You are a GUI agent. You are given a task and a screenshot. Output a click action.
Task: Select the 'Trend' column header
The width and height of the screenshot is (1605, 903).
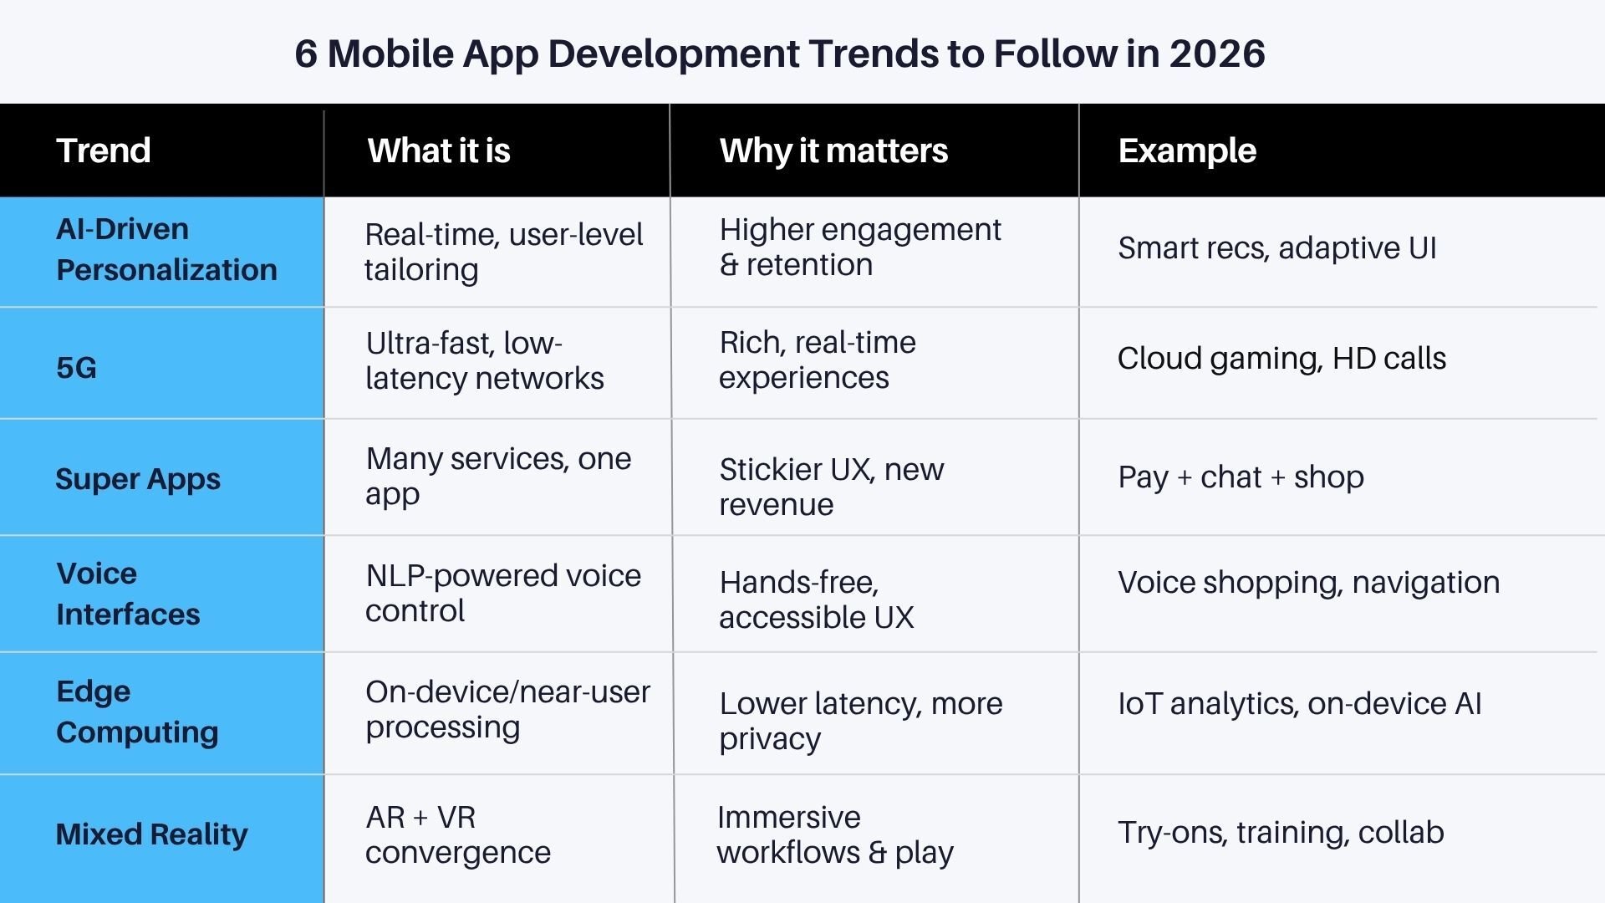tap(103, 150)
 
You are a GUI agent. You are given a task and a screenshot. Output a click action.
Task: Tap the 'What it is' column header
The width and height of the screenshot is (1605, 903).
tap(439, 150)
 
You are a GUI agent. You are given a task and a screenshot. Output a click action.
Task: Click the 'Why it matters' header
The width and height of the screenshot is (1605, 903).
tap(833, 150)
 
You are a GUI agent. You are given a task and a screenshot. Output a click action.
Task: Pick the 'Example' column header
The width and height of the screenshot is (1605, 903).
tap(1187, 150)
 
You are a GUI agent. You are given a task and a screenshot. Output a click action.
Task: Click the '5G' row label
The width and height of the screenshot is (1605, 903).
tap(76, 367)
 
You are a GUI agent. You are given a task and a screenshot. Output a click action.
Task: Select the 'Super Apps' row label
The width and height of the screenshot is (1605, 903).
tap(138, 479)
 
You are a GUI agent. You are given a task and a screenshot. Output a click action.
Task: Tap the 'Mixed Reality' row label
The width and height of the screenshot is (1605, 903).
tap(151, 834)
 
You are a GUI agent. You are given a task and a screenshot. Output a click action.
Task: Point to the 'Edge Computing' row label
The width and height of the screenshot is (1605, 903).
tap(136, 712)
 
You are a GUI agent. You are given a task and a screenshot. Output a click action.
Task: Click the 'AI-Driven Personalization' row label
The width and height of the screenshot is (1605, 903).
tap(166, 249)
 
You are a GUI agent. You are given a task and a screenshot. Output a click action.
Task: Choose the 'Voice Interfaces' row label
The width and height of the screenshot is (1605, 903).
tap(127, 594)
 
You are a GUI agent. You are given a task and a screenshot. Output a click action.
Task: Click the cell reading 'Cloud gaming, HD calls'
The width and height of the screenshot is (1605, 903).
tap(1281, 358)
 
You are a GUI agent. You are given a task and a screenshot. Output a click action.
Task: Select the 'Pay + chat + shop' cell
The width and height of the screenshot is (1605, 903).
tap(1241, 477)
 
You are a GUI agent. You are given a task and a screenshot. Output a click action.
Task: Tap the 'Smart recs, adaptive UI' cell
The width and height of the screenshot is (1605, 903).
tap(1276, 247)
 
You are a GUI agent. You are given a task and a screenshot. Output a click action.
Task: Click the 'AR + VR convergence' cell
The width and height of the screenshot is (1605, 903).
tap(457, 834)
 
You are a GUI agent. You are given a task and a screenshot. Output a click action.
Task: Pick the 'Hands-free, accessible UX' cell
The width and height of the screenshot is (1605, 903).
tap(816, 599)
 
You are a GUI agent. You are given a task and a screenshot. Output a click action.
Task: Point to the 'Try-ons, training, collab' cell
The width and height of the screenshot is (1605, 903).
tap(1281, 832)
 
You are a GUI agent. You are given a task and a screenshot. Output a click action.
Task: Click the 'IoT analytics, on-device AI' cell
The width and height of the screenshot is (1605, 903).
tap(1299, 703)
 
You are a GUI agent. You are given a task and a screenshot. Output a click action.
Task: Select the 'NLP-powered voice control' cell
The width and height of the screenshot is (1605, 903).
tap(502, 593)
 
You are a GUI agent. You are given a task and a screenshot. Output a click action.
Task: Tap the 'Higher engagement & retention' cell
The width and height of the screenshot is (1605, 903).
tap(859, 247)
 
